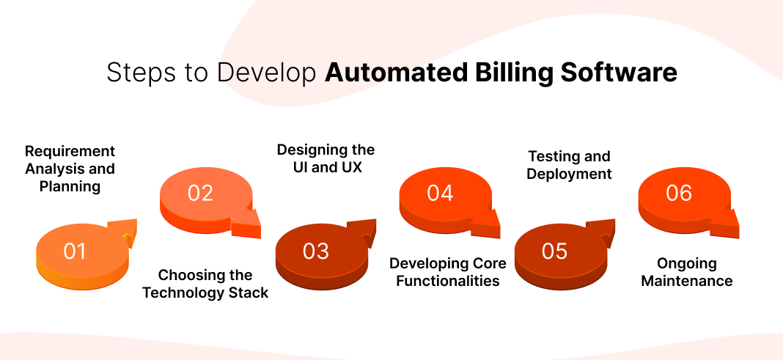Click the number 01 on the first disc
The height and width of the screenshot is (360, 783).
tap(75, 251)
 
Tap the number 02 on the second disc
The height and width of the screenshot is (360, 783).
tap(199, 193)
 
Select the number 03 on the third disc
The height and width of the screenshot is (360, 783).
tap(315, 251)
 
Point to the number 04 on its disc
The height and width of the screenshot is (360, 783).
tap(440, 193)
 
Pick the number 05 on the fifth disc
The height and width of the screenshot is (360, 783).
tap(554, 251)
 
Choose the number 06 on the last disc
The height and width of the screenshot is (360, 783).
tap(679, 193)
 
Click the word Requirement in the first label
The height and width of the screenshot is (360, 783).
tap(70, 151)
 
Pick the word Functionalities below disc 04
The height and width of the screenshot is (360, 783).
tap(447, 281)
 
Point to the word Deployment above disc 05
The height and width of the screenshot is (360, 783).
tap(569, 174)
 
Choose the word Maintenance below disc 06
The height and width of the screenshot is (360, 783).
tap(687, 281)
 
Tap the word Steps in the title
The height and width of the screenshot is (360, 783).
tap(133, 73)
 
